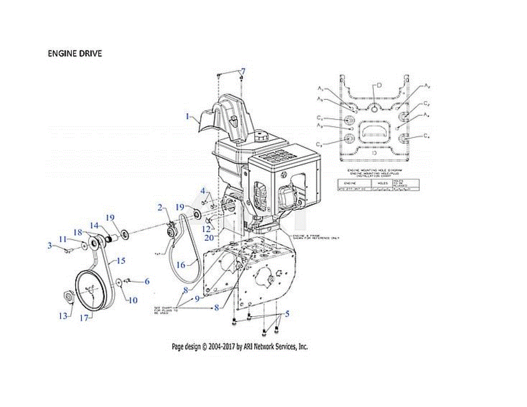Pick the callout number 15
click(120, 261)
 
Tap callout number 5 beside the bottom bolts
click(287, 314)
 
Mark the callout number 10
click(132, 300)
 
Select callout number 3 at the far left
click(50, 245)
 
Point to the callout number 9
click(197, 298)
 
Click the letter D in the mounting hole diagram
click(379, 84)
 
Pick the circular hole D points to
click(374, 108)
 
